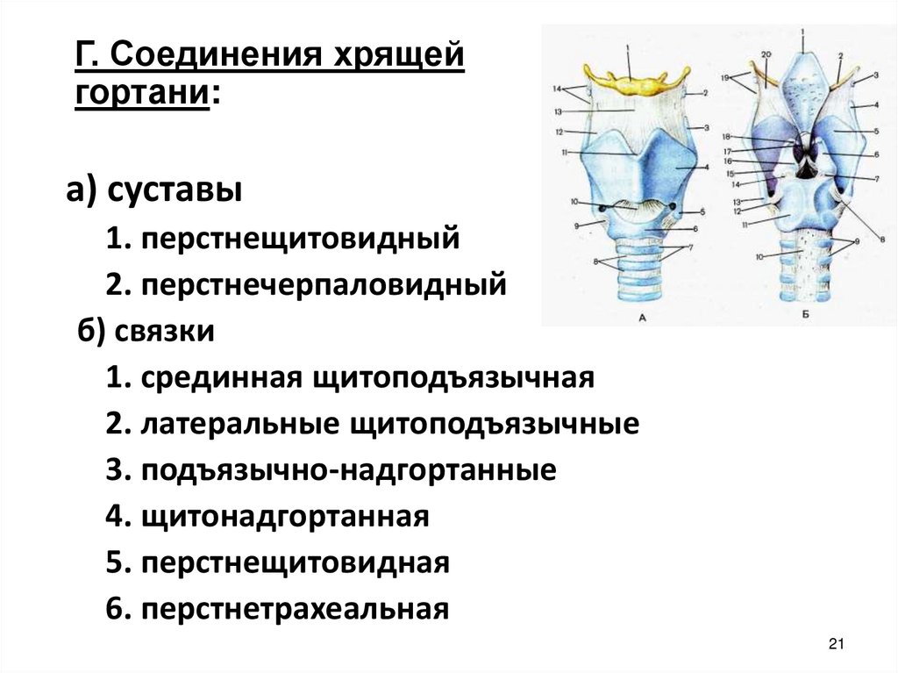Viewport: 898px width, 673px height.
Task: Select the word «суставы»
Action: click(175, 189)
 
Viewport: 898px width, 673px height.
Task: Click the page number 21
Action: click(835, 646)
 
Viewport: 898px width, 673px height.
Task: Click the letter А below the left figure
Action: click(641, 319)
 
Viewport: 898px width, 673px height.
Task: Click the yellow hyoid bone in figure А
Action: click(630, 84)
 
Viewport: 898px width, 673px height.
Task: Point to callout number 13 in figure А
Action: click(558, 111)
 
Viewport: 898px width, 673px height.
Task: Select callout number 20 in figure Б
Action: click(765, 56)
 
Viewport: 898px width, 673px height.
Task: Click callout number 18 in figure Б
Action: click(727, 138)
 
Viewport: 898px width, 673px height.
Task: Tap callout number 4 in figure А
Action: click(705, 167)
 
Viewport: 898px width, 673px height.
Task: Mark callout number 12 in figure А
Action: click(558, 132)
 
